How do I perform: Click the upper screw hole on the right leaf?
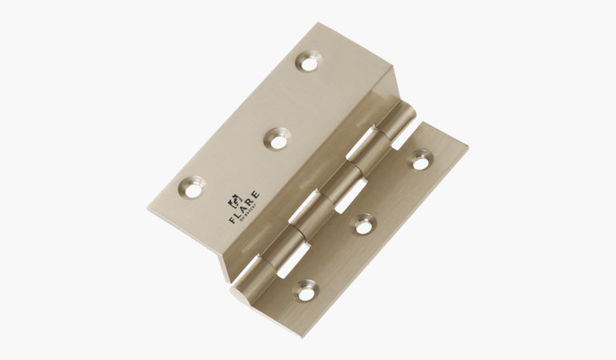pyautogui.click(x=419, y=160)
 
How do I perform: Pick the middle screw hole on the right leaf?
pyautogui.click(x=363, y=226)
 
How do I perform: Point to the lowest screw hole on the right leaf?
pyautogui.click(x=304, y=289)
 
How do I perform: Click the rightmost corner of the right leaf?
pyautogui.click(x=468, y=146)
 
